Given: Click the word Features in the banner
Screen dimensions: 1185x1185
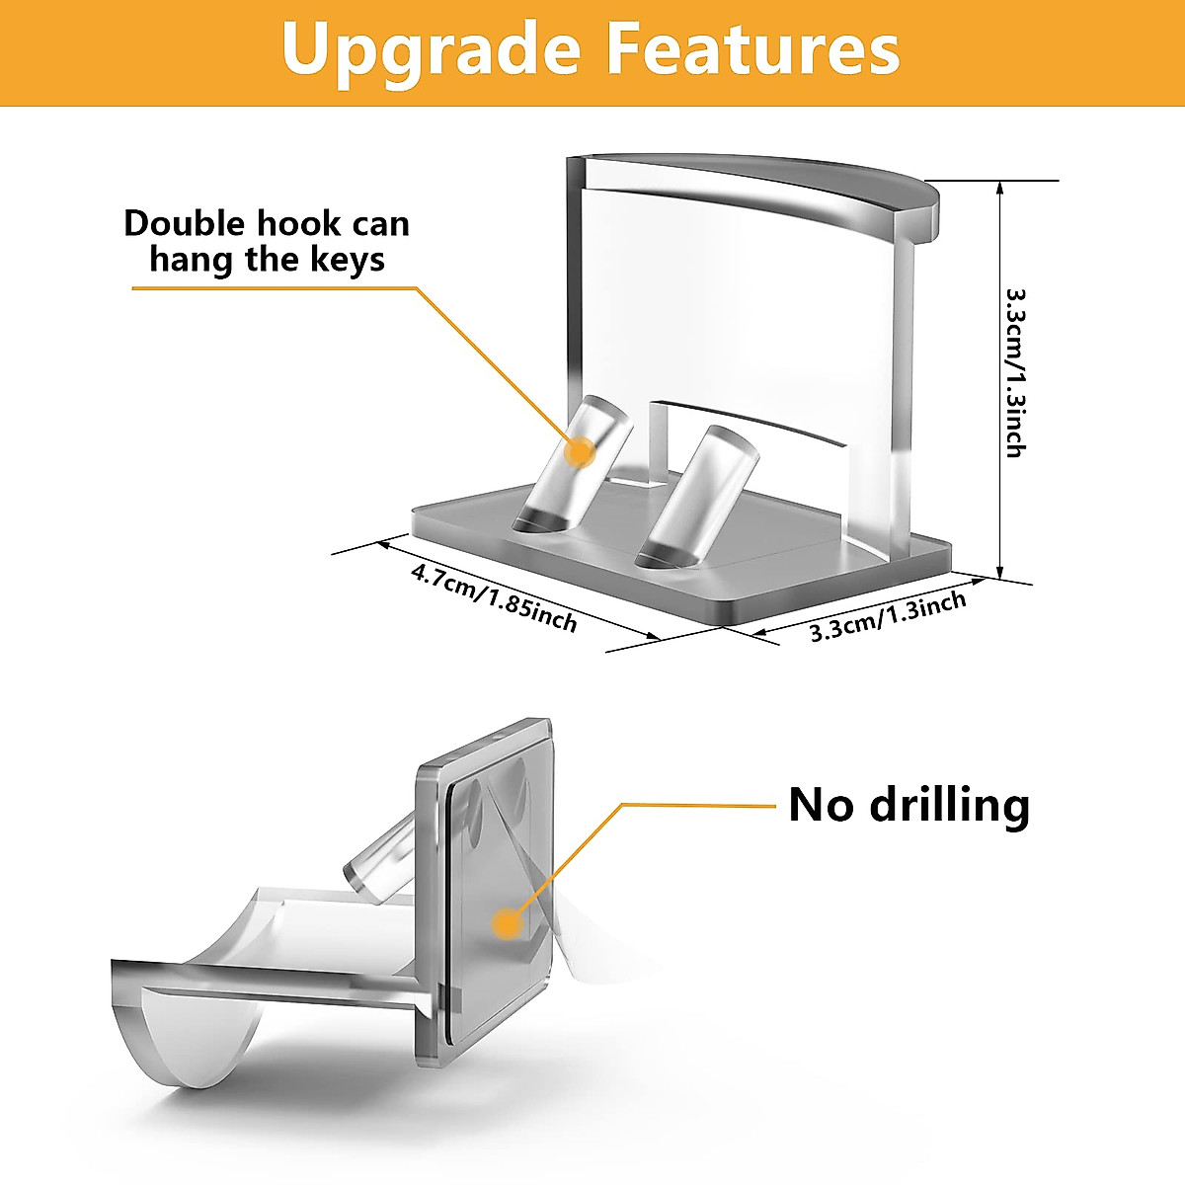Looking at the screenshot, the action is click(x=752, y=49).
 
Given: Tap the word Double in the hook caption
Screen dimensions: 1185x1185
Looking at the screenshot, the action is click(x=186, y=224).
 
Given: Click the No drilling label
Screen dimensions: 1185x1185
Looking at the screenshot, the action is click(x=908, y=805).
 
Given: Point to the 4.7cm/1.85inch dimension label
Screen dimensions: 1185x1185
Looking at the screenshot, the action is click(x=493, y=595).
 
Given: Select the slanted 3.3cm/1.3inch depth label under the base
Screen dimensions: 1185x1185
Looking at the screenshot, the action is click(x=888, y=617).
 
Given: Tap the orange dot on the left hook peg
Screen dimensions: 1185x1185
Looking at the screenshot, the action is click(x=580, y=452).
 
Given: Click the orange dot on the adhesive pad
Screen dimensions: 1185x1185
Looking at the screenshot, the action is click(x=508, y=923).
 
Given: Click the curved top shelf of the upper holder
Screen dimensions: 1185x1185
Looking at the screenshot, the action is click(x=770, y=188).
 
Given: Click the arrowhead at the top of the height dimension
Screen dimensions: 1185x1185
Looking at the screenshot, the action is click(x=1001, y=188).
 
